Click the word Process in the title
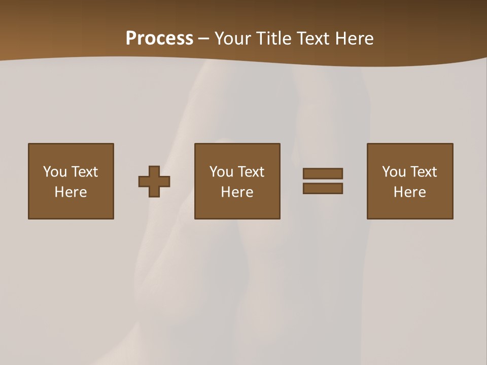coord(159,39)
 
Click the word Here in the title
coord(356,39)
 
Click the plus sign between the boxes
coord(154,181)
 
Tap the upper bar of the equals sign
coord(323,173)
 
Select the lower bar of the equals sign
coord(323,188)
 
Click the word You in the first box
coord(55,172)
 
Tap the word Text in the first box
coord(84,172)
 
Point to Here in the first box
coord(71,192)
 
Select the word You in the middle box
coord(221,172)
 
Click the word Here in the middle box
coord(237,192)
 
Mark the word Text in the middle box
coord(251,172)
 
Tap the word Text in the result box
coord(423,172)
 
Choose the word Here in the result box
coord(409,192)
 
